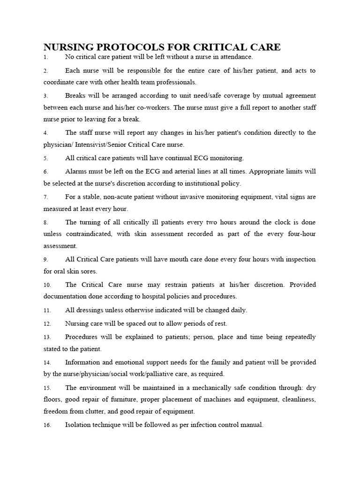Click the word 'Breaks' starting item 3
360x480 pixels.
pos(75,95)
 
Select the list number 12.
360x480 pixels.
pos(47,324)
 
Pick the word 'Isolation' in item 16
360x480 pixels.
pos(79,425)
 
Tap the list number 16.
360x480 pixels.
pos(47,426)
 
